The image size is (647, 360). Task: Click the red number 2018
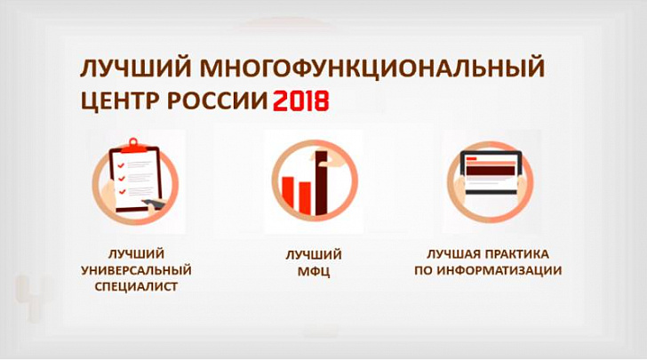tap(300, 100)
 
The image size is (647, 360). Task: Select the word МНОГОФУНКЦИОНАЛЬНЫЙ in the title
tap(372, 68)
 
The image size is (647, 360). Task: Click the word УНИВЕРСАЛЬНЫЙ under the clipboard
tap(136, 271)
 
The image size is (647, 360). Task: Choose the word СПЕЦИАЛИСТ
tap(136, 286)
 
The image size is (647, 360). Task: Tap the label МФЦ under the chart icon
tap(314, 272)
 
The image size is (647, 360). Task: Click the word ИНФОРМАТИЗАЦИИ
tap(499, 271)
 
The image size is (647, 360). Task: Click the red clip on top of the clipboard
tap(133, 146)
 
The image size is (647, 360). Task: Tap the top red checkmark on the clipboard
tap(121, 165)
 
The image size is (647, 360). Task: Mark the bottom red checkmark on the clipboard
tap(122, 192)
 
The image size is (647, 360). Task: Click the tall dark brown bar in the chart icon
tap(322, 183)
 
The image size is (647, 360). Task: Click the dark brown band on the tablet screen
tap(490, 170)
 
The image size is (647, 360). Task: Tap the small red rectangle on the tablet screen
tap(471, 158)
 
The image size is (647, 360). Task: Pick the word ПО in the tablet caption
tap(423, 271)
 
